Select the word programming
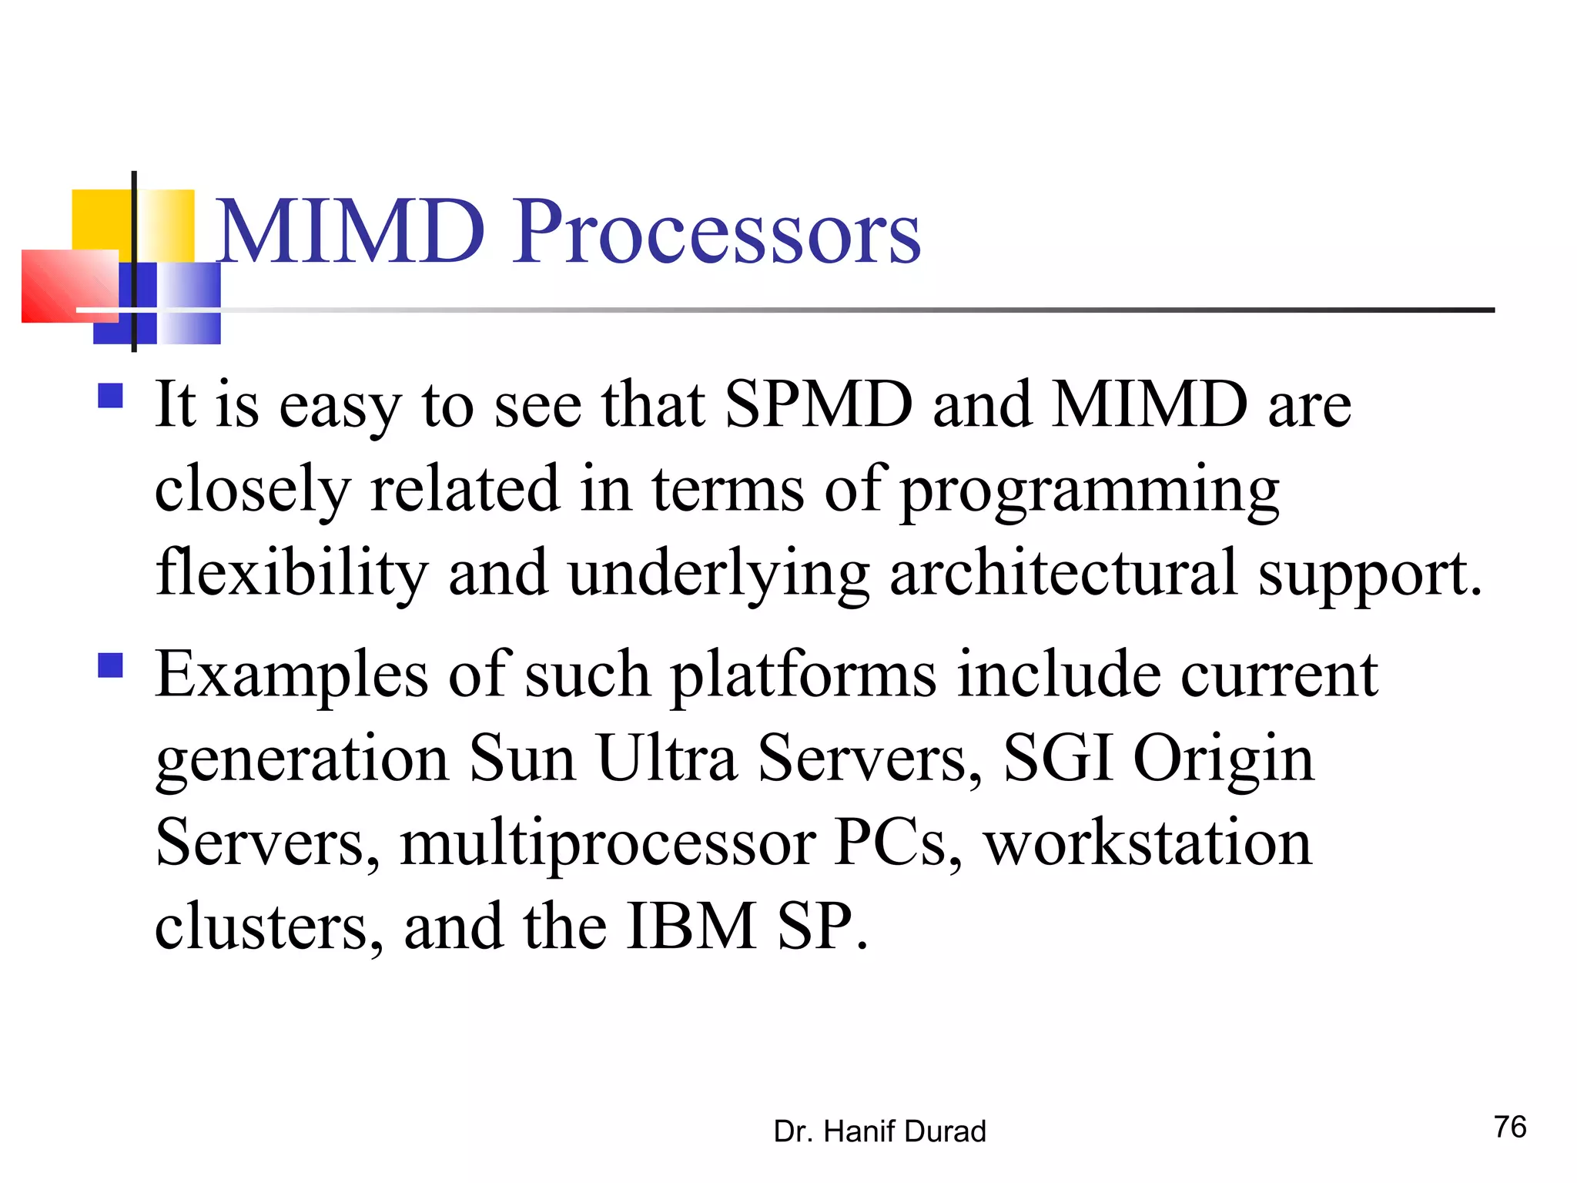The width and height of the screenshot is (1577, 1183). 1090,490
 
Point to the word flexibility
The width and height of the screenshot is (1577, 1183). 291,574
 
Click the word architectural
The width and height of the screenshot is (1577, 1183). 1063,574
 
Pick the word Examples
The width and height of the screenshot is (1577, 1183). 291,675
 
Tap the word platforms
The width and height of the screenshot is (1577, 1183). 803,675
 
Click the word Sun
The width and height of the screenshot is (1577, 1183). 522,759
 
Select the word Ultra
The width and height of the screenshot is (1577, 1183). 667,759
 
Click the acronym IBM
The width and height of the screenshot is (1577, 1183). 691,927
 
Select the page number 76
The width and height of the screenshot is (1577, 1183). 1510,1128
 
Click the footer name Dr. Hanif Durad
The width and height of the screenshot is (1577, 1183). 879,1131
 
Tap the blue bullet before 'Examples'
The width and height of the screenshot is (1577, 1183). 111,665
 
